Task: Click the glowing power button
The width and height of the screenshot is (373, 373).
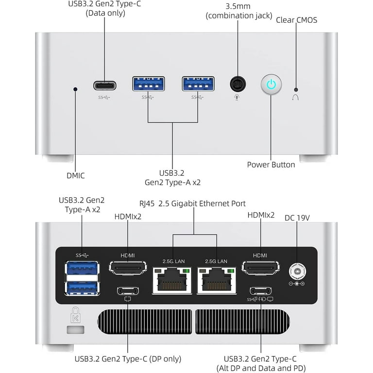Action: tap(271, 84)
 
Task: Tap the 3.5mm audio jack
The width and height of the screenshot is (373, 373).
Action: tap(237, 84)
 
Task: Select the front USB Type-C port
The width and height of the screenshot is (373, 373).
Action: tap(105, 86)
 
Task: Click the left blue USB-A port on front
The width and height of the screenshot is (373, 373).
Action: tap(148, 84)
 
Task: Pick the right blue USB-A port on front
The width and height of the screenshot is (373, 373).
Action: tap(198, 84)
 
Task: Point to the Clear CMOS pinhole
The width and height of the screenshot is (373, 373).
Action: tap(296, 90)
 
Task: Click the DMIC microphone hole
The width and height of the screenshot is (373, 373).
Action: tap(75, 89)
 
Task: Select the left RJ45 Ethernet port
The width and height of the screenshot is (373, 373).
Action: tap(172, 280)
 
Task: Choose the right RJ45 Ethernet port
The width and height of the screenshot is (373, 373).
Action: tap(216, 280)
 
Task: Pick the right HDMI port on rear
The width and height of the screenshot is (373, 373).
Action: tap(261, 267)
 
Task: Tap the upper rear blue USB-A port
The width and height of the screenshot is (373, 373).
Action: tap(82, 268)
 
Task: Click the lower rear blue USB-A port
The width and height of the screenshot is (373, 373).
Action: tap(82, 288)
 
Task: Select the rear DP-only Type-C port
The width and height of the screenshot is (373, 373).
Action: tap(128, 290)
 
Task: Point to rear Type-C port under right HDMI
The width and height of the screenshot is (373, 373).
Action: tap(261, 290)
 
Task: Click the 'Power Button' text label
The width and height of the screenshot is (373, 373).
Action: tap(271, 165)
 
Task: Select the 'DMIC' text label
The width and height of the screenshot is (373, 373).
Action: tap(75, 176)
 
